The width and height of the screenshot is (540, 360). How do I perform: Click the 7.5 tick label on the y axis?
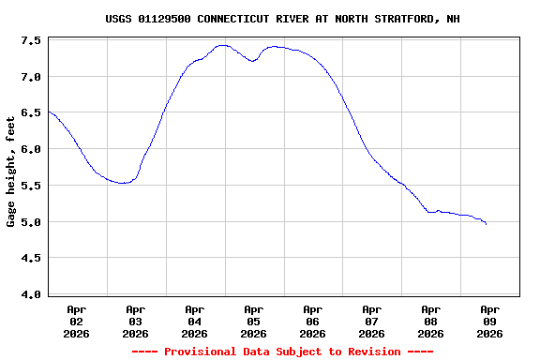tap(30, 41)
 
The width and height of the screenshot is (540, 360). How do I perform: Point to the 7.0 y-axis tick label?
tap(30, 77)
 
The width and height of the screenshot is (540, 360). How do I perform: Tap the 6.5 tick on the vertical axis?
tap(30, 113)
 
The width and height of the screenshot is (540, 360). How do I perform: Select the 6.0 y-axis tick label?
tap(30, 149)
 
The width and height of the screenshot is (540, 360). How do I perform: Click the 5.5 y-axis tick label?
tap(30, 186)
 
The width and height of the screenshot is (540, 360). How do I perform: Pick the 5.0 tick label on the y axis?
tap(30, 222)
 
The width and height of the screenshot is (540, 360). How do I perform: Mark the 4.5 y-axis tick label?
tap(30, 258)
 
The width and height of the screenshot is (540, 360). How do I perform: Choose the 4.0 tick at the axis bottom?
tap(30, 294)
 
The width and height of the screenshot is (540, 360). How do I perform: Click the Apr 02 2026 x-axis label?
tap(77, 321)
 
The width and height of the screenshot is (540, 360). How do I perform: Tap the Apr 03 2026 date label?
tap(136, 321)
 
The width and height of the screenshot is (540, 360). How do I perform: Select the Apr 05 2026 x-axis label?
tap(254, 321)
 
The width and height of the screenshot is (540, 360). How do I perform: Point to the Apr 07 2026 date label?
tap(372, 321)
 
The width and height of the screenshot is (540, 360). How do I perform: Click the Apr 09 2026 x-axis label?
tap(489, 321)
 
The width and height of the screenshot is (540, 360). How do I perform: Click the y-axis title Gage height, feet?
tap(11, 171)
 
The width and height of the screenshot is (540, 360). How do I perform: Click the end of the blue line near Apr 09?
tap(486, 224)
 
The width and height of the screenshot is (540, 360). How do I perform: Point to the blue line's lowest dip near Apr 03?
tap(123, 183)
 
